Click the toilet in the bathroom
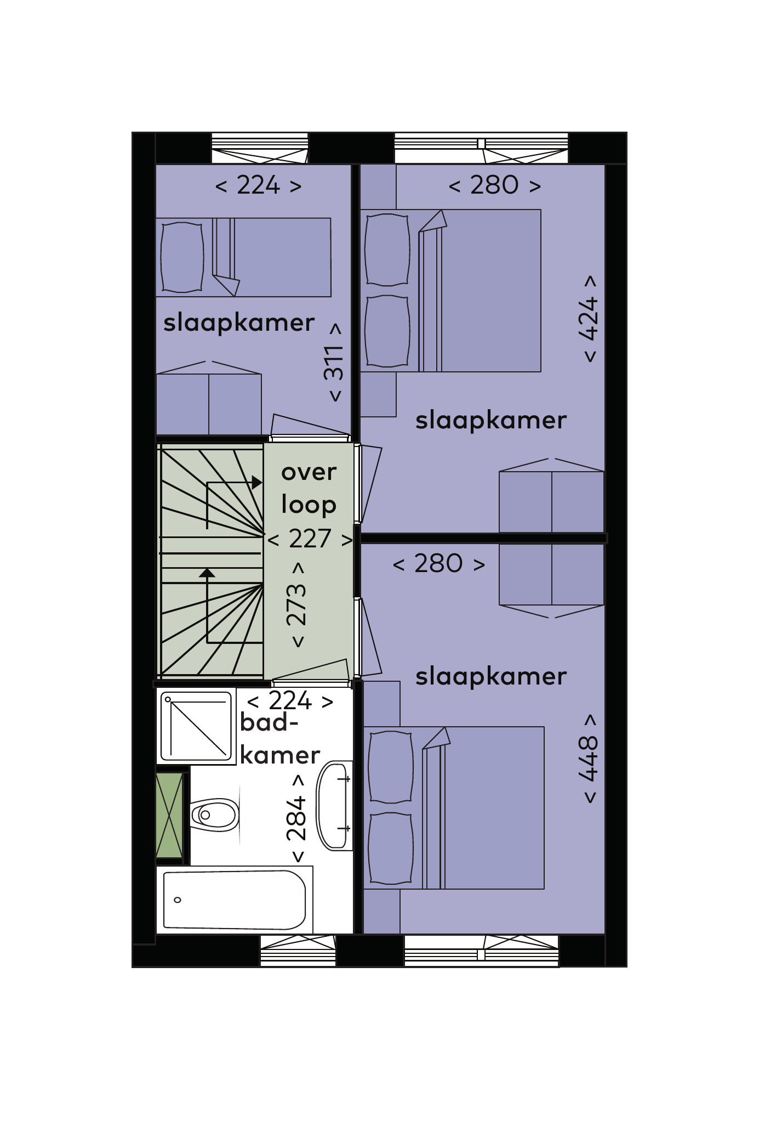pyautogui.click(x=214, y=815)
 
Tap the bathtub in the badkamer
pyautogui.click(x=235, y=900)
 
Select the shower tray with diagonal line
pyautogui.click(x=196, y=726)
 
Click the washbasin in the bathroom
pyautogui.click(x=334, y=805)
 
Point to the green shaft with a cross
pyautogui.click(x=169, y=815)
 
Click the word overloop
pyautogui.click(x=309, y=488)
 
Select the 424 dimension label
pyautogui.click(x=589, y=318)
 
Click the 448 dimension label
pyautogui.click(x=589, y=759)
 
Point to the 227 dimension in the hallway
pyautogui.click(x=310, y=539)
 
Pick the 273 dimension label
pyautogui.click(x=296, y=604)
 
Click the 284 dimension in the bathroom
pyautogui.click(x=296, y=818)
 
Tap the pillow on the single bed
pyautogui.click(x=182, y=257)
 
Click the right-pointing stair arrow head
pyautogui.click(x=256, y=483)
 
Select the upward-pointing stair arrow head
pyautogui.click(x=207, y=573)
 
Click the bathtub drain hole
pyautogui.click(x=178, y=900)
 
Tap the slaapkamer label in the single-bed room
pyautogui.click(x=239, y=323)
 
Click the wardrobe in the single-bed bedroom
pyautogui.click(x=209, y=398)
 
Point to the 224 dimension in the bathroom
pyautogui.click(x=290, y=700)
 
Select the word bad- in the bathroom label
pyautogui.click(x=269, y=722)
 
